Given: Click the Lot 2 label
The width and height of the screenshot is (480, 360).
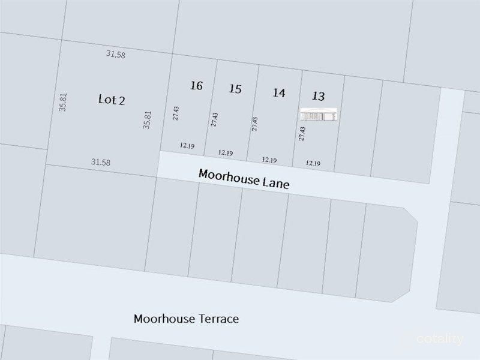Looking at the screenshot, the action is [x=112, y=100].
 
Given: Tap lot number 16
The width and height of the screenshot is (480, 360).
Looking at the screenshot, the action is [x=196, y=85].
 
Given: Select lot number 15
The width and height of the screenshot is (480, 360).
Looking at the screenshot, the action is [x=235, y=89].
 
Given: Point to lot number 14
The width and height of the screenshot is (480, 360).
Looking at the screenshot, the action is [x=278, y=92].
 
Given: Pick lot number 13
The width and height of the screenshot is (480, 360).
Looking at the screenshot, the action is [x=319, y=96].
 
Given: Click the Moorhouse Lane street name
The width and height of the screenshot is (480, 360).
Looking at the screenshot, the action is [x=244, y=178].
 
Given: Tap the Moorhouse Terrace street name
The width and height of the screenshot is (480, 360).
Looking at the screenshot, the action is [x=186, y=319].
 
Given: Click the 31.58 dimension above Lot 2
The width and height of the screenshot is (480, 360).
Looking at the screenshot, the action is [x=115, y=54].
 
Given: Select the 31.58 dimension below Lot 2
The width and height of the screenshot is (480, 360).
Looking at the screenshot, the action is [x=101, y=161].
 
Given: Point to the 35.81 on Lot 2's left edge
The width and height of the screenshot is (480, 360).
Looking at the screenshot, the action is [x=63, y=102].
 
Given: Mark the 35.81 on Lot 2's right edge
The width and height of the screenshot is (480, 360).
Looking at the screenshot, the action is [x=147, y=119].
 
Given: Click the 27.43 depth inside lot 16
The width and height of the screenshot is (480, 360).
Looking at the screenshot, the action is [x=176, y=113].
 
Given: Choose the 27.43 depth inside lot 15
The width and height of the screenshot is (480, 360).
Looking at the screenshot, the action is [x=214, y=119].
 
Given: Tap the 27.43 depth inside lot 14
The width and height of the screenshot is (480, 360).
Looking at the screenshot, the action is [x=255, y=124].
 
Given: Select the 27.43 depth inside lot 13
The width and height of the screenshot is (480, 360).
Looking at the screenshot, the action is [x=302, y=133].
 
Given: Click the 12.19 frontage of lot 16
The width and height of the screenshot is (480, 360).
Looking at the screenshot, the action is [x=187, y=145].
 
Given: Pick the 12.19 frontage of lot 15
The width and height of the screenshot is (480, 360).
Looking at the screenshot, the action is [x=226, y=152].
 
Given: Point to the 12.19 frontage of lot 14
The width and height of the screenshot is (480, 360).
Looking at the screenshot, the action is [x=269, y=160].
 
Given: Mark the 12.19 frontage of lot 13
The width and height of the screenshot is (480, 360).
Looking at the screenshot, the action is [x=313, y=163].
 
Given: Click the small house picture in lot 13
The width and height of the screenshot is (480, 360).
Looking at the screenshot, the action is [x=320, y=115].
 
